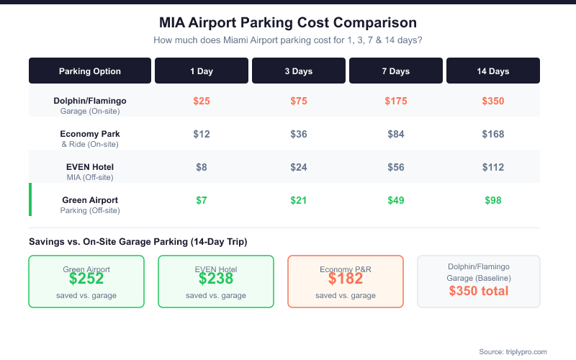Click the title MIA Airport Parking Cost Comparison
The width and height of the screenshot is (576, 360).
click(x=288, y=22)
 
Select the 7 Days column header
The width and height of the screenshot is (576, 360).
click(x=395, y=71)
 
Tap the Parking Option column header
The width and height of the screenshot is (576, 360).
click(x=90, y=71)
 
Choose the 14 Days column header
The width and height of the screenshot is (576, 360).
click(x=492, y=71)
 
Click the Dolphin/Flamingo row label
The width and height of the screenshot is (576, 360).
click(x=90, y=101)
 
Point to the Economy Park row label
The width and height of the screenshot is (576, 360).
click(x=90, y=134)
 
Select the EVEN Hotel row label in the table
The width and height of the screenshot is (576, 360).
click(x=90, y=167)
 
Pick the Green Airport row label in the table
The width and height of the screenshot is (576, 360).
click(x=90, y=200)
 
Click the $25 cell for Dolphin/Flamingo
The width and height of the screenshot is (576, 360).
click(x=202, y=101)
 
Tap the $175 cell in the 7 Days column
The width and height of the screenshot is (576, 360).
click(x=395, y=101)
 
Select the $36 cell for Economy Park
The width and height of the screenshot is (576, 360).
click(x=299, y=134)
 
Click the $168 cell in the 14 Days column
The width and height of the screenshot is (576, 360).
click(x=492, y=134)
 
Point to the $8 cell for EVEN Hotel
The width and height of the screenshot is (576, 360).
click(x=202, y=167)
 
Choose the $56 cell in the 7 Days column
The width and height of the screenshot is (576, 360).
click(x=395, y=167)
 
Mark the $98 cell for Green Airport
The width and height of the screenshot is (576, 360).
click(x=492, y=200)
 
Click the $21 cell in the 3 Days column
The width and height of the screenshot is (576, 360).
click(x=299, y=200)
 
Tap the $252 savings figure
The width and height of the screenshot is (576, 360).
click(x=86, y=279)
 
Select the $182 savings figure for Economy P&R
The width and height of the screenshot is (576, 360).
click(x=346, y=279)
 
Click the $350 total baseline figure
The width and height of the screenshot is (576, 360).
click(x=479, y=292)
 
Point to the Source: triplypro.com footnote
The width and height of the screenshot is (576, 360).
click(x=513, y=351)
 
